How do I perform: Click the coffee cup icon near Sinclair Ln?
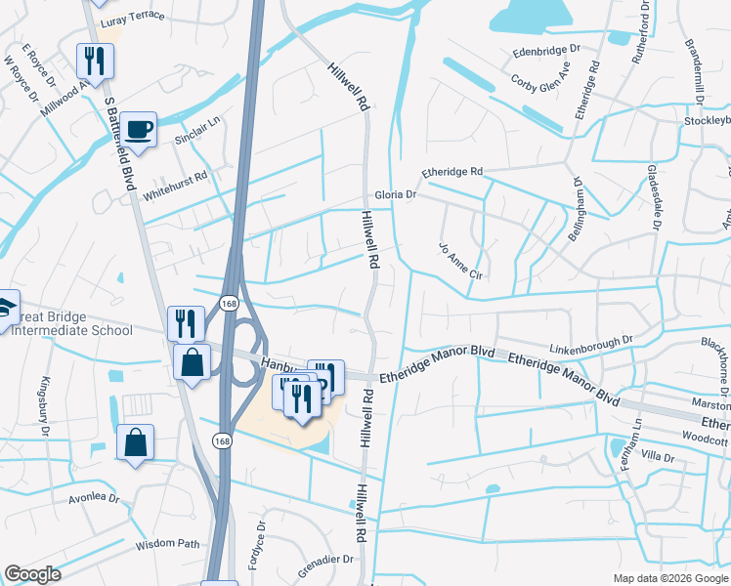click(x=140, y=128)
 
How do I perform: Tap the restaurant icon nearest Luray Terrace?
click(x=95, y=62)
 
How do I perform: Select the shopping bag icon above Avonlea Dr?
click(x=135, y=441)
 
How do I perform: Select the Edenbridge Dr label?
click(x=546, y=49)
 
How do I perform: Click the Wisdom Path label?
click(x=167, y=544)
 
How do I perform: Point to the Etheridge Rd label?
click(x=452, y=172)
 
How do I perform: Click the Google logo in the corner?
click(x=32, y=574)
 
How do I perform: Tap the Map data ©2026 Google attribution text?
click(x=669, y=578)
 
